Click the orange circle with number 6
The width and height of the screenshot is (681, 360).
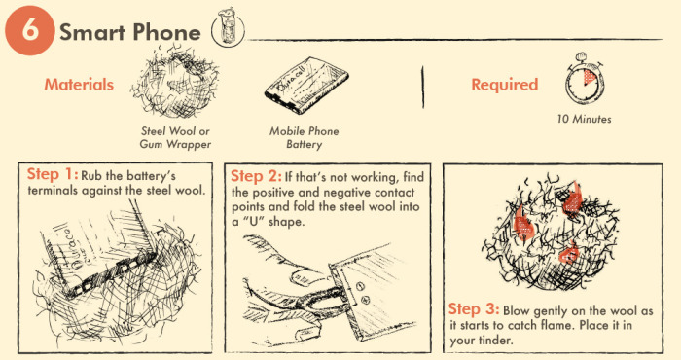click(29, 30)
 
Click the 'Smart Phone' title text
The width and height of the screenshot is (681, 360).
click(130, 31)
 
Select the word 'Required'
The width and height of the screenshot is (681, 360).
click(504, 85)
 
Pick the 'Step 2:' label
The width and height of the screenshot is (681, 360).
click(256, 176)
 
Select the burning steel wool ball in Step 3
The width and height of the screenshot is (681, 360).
click(548, 229)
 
